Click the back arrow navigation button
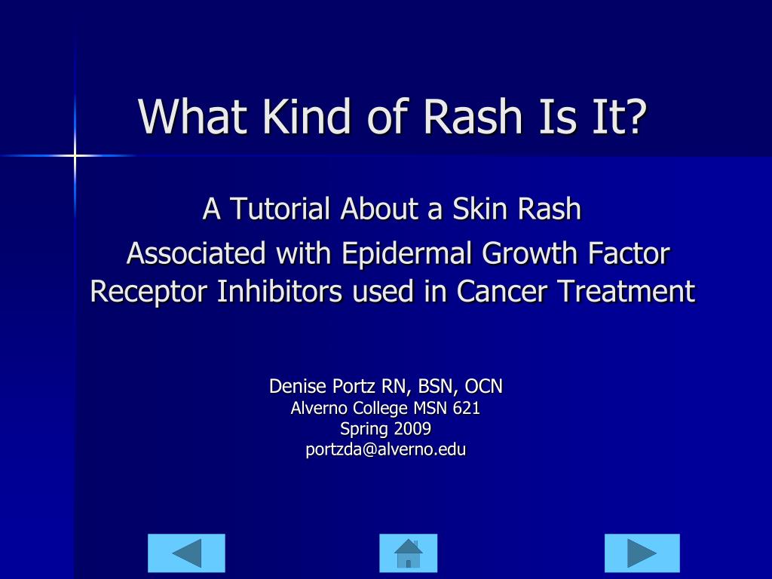click(x=186, y=553)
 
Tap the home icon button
click(x=408, y=553)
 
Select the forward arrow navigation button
click(x=642, y=553)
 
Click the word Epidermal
click(x=408, y=253)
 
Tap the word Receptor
click(x=149, y=291)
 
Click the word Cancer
click(x=503, y=291)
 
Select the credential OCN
click(x=483, y=387)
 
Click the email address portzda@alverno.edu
click(x=385, y=450)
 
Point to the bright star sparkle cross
click(x=75, y=156)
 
